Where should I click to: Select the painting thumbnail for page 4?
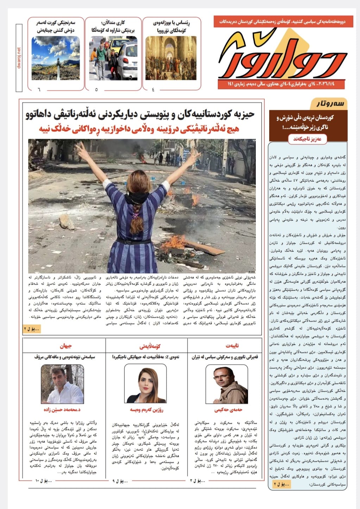tap(171, 58)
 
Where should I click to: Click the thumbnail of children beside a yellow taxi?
tap(113, 58)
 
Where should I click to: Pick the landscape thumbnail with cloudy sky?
tap(56, 58)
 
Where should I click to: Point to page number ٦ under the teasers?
tap(39, 89)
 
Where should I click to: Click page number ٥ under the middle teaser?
tap(96, 89)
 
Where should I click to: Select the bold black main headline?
tap(140, 114)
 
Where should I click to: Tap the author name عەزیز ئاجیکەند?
tap(308, 139)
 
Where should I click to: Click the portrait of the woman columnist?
tap(145, 384)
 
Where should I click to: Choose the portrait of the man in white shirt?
tap(62, 384)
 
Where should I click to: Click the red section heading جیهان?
tap(65, 346)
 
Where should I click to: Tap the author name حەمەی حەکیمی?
tap(228, 410)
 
